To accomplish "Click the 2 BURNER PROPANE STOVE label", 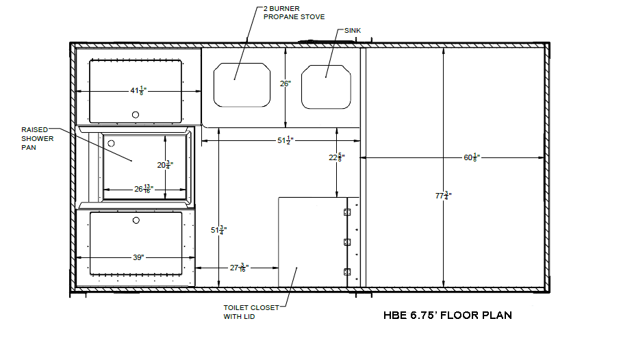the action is click(x=294, y=13).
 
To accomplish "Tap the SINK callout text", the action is click(x=353, y=31).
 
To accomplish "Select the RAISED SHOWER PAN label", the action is click(x=37, y=139).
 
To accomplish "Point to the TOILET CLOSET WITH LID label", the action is click(x=251, y=312).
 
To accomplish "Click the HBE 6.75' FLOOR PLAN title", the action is click(x=448, y=316).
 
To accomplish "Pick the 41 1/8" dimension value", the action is click(x=138, y=91).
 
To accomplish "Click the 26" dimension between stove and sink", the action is click(x=286, y=83).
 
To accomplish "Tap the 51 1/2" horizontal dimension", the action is click(x=286, y=140).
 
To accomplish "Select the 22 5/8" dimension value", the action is click(x=337, y=157).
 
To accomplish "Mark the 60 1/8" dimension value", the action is click(x=472, y=157).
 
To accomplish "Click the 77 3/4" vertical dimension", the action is click(x=444, y=196).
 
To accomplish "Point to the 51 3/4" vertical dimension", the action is click(x=218, y=230).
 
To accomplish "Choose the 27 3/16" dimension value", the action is click(x=239, y=268).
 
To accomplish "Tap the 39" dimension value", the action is click(x=138, y=257).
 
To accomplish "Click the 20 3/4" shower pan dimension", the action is click(x=165, y=165).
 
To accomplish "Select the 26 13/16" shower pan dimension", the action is click(x=144, y=189).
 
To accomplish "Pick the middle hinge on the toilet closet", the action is click(x=347, y=242).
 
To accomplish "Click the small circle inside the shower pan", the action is click(x=112, y=143).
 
